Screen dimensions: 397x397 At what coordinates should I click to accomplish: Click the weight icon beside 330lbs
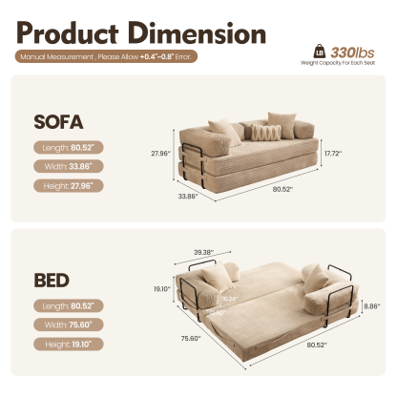coord(315,51)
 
